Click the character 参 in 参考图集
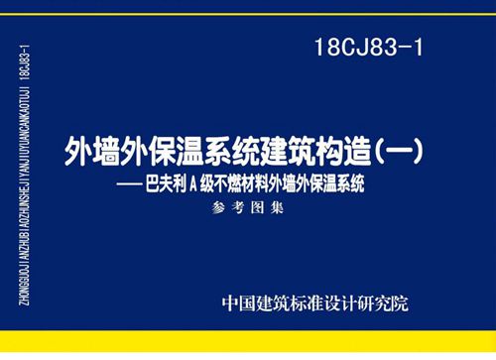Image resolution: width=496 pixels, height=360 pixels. pyautogui.click(x=218, y=207)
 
